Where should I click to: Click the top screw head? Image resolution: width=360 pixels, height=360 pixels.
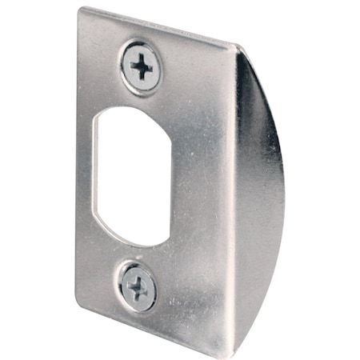pyautogui.click(x=141, y=67)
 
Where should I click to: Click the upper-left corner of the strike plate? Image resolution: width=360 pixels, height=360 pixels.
pyautogui.click(x=81, y=10)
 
